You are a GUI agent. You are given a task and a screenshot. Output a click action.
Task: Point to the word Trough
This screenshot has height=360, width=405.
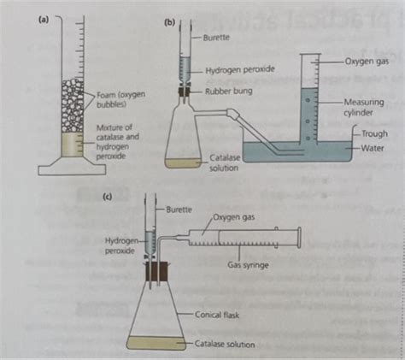click(x=374, y=134)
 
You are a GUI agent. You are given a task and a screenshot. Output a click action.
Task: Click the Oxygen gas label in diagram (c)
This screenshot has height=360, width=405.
click(x=234, y=219)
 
